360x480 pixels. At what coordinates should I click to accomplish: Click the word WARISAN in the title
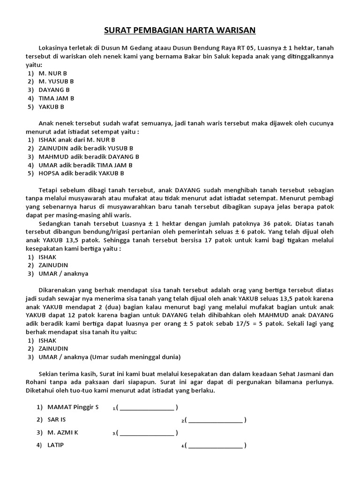click(234, 30)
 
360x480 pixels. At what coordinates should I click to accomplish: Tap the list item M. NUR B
click(52, 73)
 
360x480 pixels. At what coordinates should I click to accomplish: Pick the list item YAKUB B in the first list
click(51, 107)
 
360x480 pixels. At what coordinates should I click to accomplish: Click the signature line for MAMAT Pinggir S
click(147, 407)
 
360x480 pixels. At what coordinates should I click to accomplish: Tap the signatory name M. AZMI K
click(63, 433)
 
